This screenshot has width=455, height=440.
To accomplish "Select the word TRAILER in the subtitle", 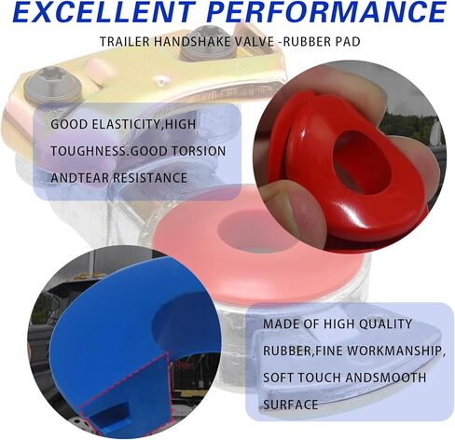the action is (x=125, y=41).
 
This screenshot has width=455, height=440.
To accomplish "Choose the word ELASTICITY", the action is (x=127, y=124).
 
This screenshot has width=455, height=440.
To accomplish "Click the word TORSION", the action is (x=199, y=151).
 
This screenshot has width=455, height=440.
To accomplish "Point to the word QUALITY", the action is (x=385, y=324).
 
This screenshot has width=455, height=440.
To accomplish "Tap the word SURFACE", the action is (x=291, y=405).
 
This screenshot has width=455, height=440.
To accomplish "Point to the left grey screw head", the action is (x=52, y=83).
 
